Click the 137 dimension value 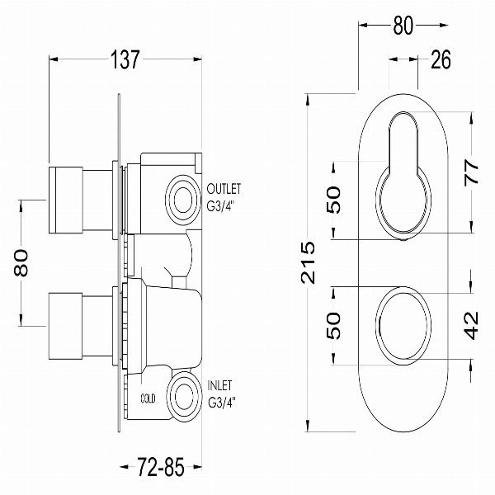click(x=125, y=59)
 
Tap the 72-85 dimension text click(x=160, y=467)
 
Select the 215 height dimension click(x=308, y=262)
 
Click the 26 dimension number click(x=441, y=59)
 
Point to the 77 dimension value click(x=472, y=172)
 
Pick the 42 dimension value click(x=472, y=326)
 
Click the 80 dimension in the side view click(x=21, y=262)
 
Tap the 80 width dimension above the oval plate click(x=403, y=26)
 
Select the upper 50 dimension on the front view click(x=333, y=200)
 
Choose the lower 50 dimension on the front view click(x=333, y=326)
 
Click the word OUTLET click(x=224, y=189)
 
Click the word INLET click(x=219, y=385)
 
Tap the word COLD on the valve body click(x=148, y=398)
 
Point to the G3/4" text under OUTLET click(x=222, y=206)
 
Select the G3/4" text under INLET click(x=222, y=403)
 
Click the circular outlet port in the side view click(x=183, y=200)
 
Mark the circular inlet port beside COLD click(x=184, y=397)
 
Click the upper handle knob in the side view click(x=66, y=200)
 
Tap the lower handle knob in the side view click(x=66, y=326)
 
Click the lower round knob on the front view click(x=403, y=326)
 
